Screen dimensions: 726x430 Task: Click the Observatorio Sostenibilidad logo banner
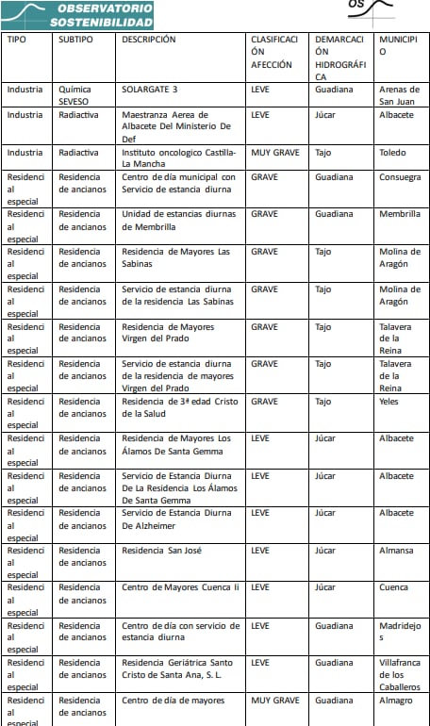click(77, 14)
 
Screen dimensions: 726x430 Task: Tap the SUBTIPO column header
click(75, 40)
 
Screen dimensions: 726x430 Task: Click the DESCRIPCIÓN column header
click(149, 40)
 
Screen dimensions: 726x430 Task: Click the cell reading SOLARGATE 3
click(150, 90)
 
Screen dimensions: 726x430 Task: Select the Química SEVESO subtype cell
click(75, 95)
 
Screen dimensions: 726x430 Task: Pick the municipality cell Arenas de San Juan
click(399, 95)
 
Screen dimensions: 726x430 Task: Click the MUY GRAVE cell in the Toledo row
click(275, 152)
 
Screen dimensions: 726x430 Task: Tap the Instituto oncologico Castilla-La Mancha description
click(178, 157)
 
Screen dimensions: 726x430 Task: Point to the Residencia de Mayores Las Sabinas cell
click(176, 252)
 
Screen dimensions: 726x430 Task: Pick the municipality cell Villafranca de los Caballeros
click(400, 674)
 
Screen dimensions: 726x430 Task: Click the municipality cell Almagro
click(396, 701)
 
